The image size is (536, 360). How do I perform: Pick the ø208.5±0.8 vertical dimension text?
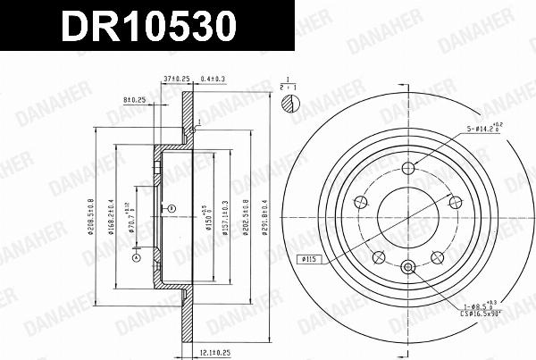[x=92, y=215]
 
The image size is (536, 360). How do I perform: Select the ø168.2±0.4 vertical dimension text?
[x=112, y=215]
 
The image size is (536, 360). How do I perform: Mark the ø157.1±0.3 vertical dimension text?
[x=222, y=215]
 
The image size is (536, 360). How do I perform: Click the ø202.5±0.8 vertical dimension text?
[x=245, y=215]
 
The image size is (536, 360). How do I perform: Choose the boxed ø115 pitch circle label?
[x=310, y=260]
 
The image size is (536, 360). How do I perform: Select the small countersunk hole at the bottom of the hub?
[x=409, y=265]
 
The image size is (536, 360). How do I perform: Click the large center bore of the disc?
[x=409, y=215]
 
